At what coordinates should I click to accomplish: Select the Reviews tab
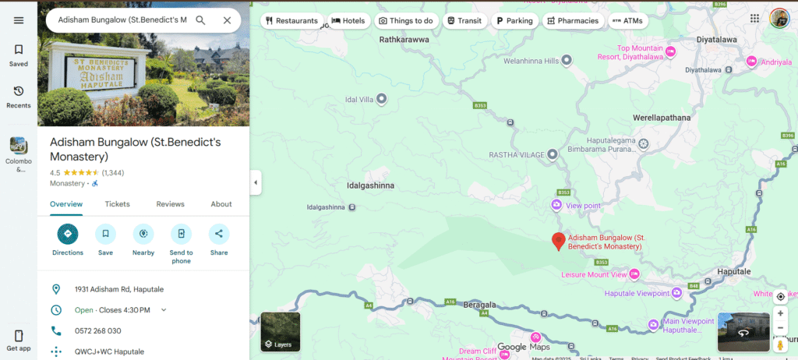(170, 204)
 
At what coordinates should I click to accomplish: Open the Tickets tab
(118, 204)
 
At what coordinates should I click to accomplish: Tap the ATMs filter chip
(627, 21)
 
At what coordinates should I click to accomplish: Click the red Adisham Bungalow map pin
(558, 242)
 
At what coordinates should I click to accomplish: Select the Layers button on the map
(280, 332)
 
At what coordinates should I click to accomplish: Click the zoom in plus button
(780, 313)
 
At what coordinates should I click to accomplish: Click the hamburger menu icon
(19, 20)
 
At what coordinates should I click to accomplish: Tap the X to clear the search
(227, 20)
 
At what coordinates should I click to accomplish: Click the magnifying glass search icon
(200, 20)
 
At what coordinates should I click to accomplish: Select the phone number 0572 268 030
(97, 330)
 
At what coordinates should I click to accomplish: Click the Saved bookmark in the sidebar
(19, 55)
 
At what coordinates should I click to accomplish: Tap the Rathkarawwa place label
(404, 38)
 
